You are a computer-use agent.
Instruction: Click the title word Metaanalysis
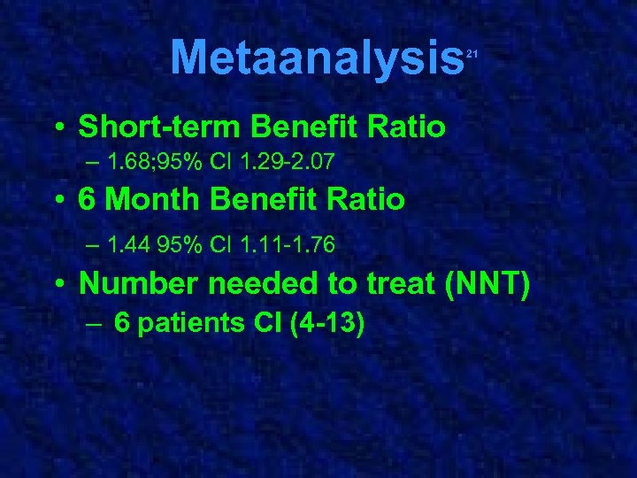tap(318, 58)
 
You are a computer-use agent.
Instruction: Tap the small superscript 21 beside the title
tap(472, 55)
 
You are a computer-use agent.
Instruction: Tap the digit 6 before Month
tap(86, 200)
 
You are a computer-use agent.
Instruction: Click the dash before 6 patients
tap(95, 324)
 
